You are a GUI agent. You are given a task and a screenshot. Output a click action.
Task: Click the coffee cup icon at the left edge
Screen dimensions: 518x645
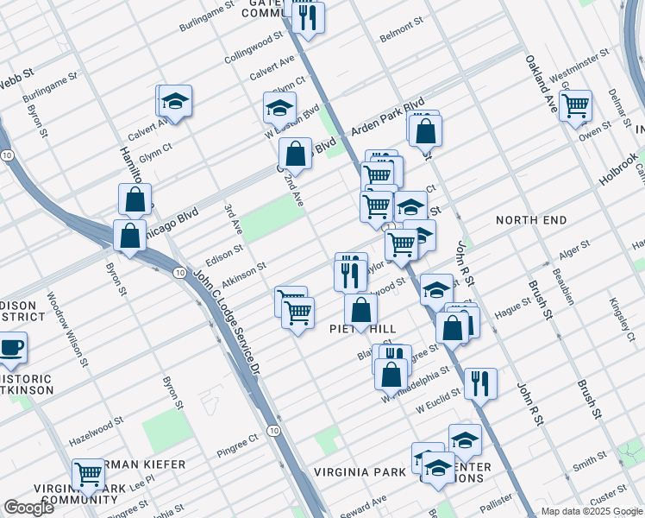(11, 348)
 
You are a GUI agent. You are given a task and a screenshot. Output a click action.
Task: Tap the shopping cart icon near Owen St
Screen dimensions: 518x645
(575, 106)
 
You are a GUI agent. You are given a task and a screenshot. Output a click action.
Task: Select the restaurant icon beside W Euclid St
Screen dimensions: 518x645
(480, 382)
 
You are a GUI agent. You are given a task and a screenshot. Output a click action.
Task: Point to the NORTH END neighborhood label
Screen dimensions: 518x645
(531, 220)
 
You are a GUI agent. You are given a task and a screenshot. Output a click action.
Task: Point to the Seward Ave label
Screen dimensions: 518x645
(364, 505)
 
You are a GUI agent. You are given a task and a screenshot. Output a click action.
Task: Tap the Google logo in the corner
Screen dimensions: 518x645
(29, 508)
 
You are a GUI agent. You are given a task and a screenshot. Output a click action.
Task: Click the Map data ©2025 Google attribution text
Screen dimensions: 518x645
(591, 511)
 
